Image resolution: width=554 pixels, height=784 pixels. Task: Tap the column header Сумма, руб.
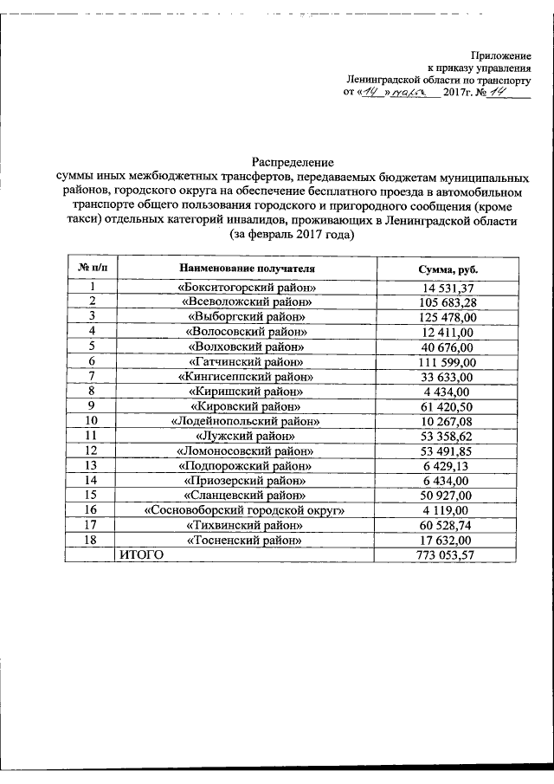(448, 270)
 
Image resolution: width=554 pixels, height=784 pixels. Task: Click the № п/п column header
(92, 269)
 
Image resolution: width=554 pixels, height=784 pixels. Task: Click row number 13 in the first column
(92, 465)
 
